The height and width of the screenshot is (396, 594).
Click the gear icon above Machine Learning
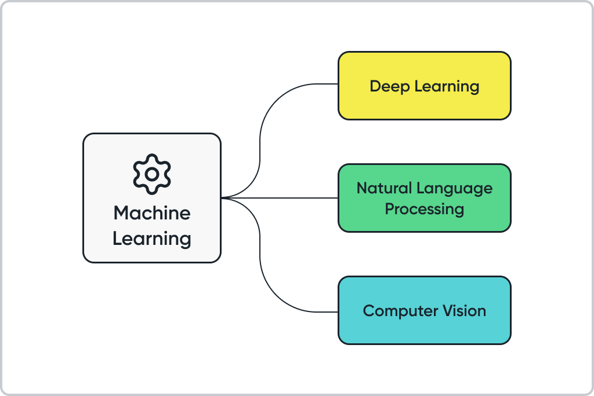click(x=152, y=174)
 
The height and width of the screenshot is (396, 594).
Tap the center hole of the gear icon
click(x=152, y=174)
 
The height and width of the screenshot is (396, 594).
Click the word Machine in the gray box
click(x=152, y=213)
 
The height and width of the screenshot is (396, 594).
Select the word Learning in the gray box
click(x=152, y=239)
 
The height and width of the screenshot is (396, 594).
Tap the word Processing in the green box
click(x=425, y=208)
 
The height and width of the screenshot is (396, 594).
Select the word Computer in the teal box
click(x=399, y=311)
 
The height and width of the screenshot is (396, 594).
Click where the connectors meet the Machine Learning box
click(x=223, y=198)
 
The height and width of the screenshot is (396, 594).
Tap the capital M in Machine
click(x=121, y=213)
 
